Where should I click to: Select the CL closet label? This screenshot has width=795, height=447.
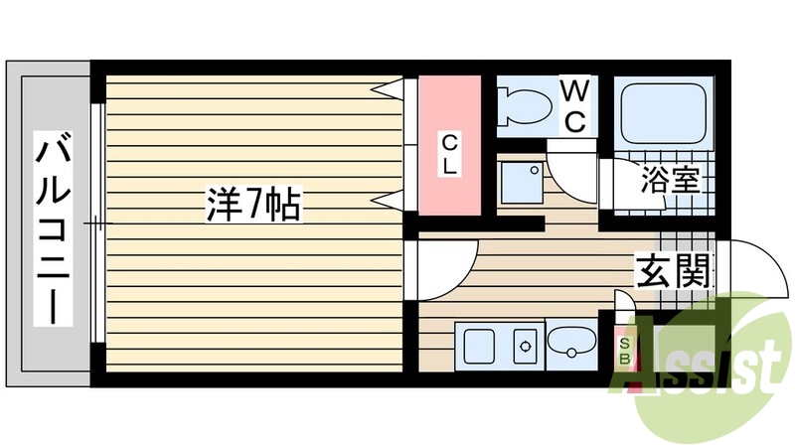point(450,154)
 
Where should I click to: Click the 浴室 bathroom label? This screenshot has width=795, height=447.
point(672,181)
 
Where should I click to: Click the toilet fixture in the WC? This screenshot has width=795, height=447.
point(524,105)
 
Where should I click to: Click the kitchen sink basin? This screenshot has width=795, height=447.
point(478,347)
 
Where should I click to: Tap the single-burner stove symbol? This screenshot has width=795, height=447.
point(524,347)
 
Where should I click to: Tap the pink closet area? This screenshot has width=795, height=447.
point(450,144)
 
